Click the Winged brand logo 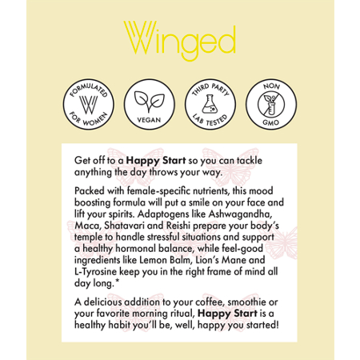tap(179, 39)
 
